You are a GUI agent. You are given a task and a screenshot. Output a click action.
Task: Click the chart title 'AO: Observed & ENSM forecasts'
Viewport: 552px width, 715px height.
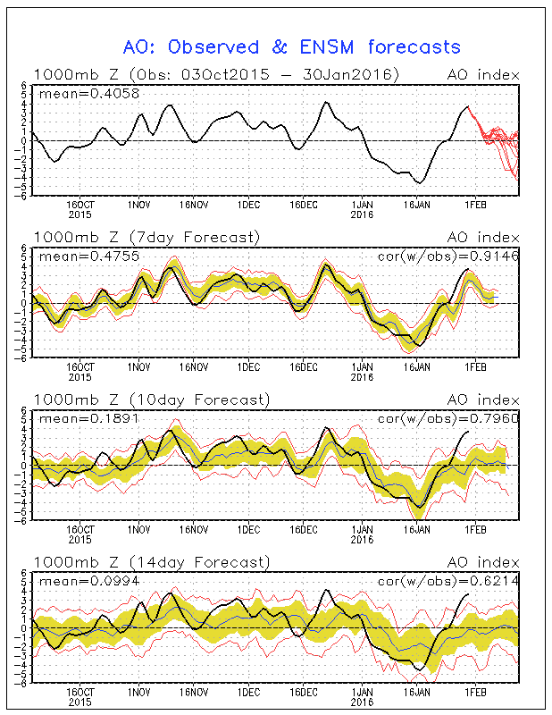coord(291,47)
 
